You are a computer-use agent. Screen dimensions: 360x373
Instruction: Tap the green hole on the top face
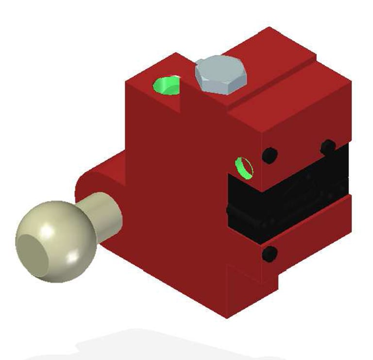coord(167,86)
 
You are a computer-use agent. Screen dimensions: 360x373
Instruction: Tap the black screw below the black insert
coord(270,253)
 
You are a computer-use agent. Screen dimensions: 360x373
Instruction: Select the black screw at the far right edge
coord(328,145)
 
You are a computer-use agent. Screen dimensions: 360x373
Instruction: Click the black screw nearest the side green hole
coord(269,155)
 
